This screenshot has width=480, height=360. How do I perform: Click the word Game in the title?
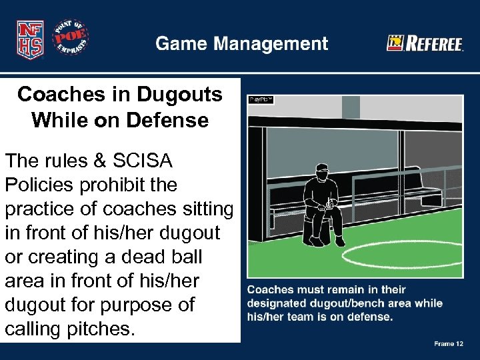tap(178, 44)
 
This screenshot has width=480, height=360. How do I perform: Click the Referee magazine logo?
tap(425, 44)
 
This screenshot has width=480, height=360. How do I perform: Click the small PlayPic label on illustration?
tap(261, 99)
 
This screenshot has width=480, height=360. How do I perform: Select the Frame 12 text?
tap(449, 344)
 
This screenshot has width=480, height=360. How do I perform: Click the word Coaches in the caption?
tap(269, 290)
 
